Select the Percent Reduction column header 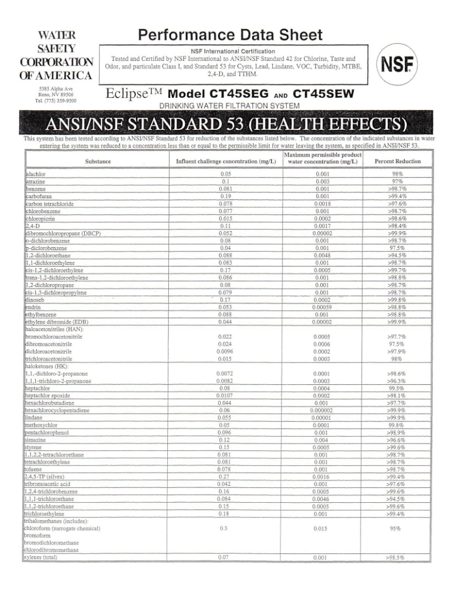(x=398, y=162)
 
